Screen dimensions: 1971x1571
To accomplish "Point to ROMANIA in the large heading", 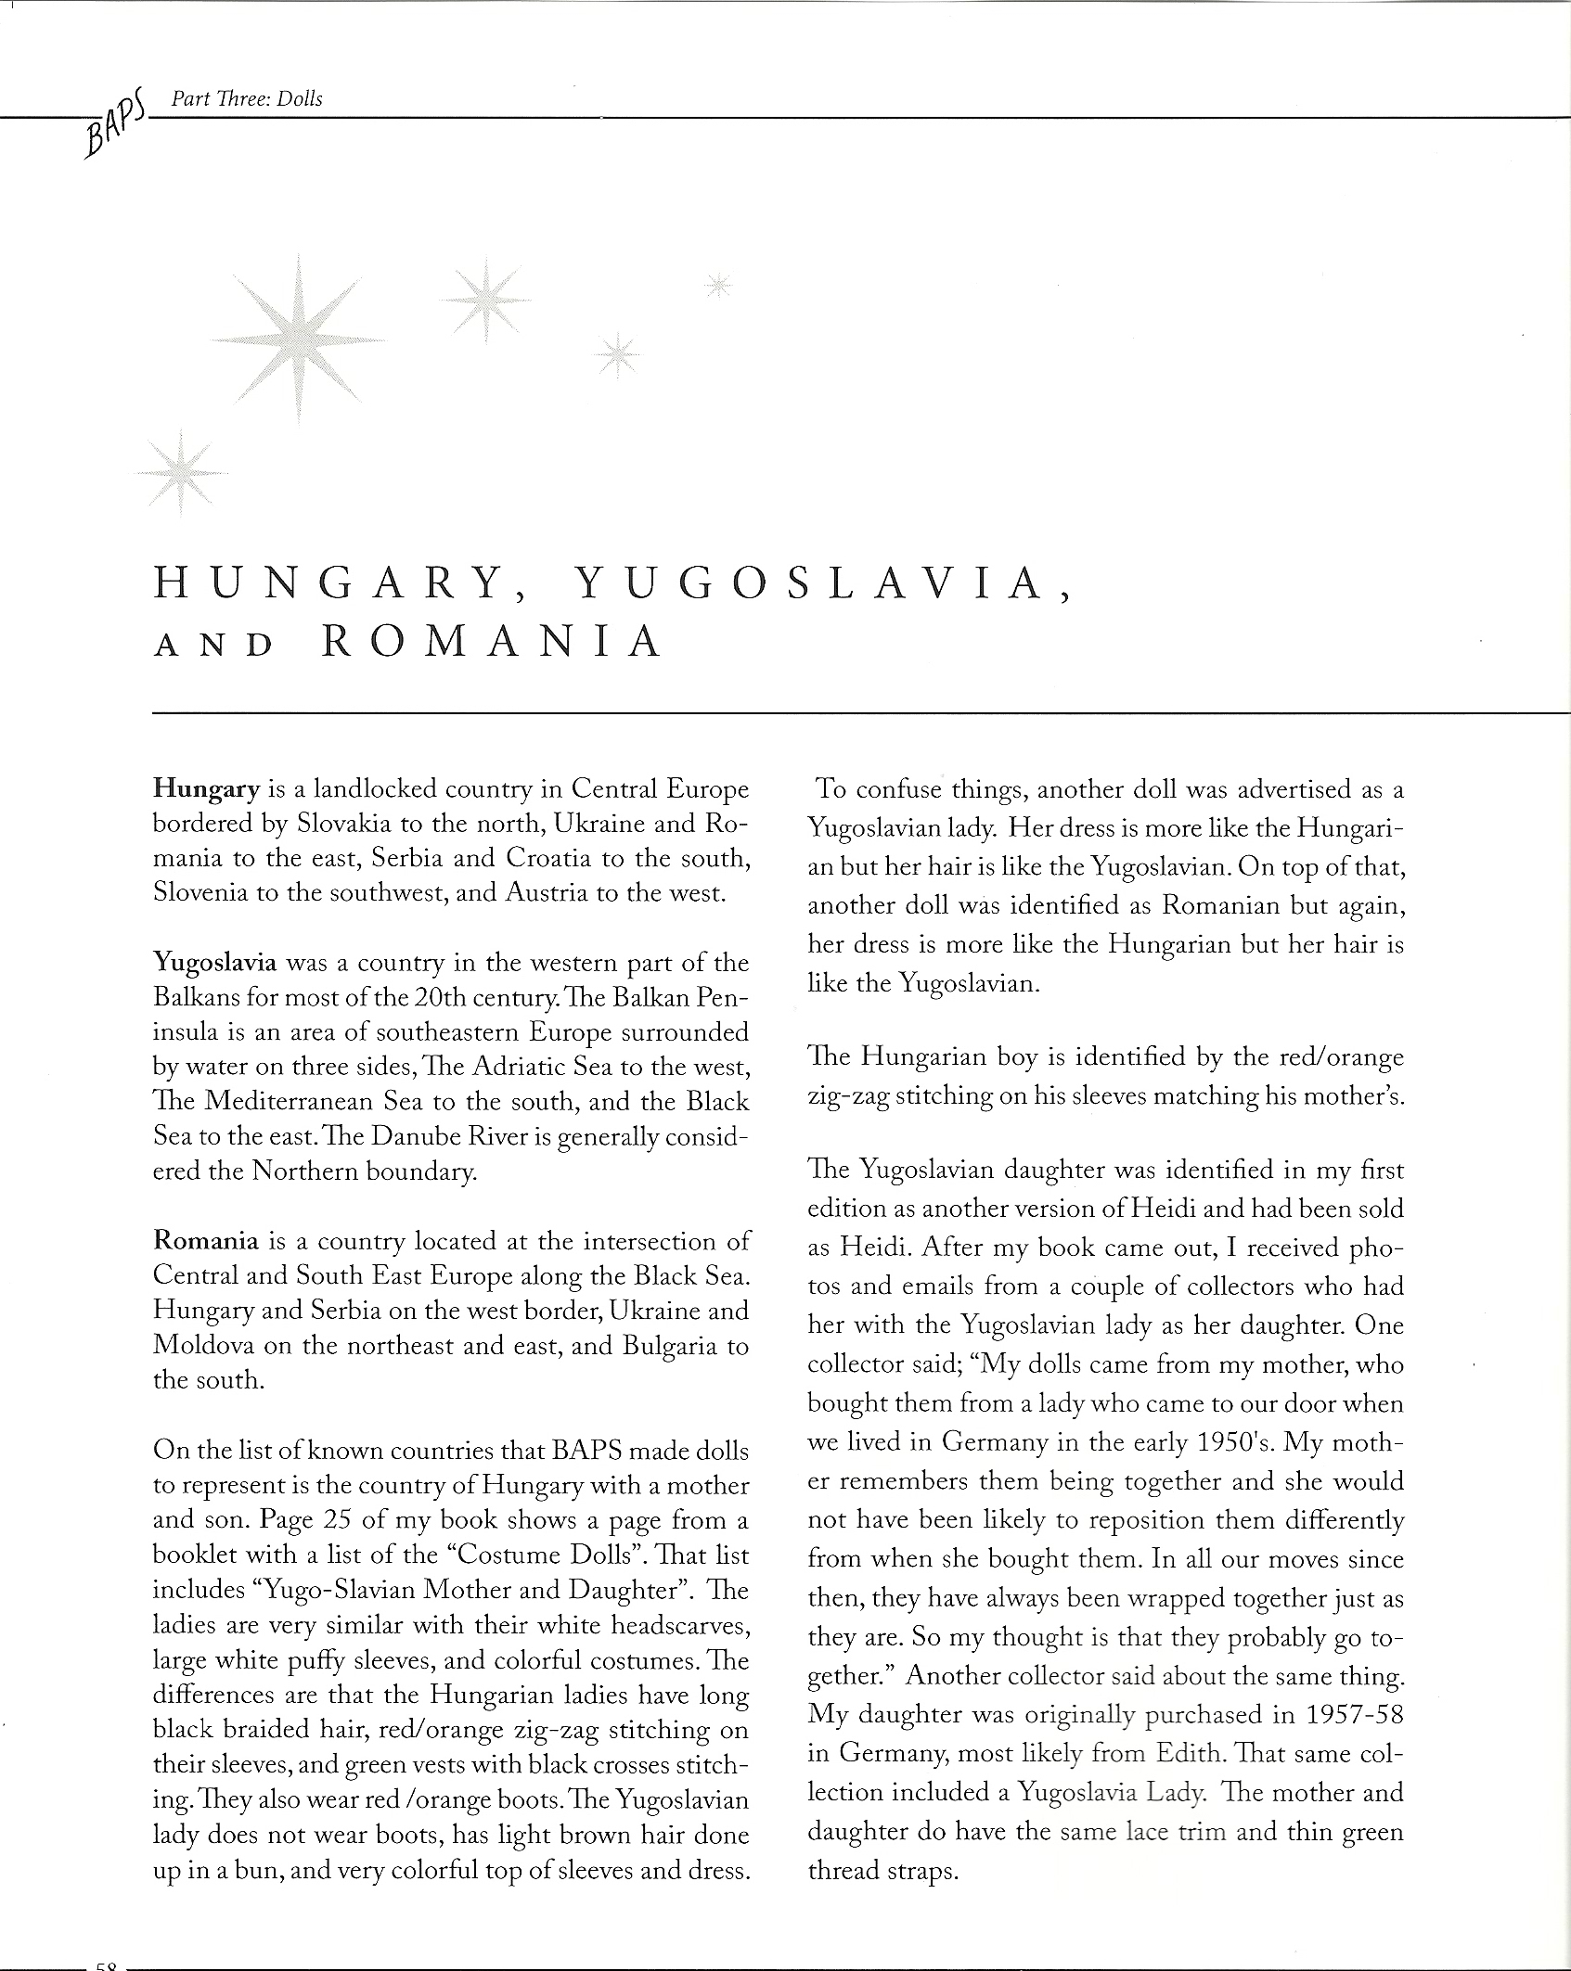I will pos(493,643).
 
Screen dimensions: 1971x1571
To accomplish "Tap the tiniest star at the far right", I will pos(718,287).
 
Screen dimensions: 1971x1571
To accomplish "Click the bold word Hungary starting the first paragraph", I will pos(206,789).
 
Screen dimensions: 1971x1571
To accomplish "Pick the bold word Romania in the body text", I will pos(206,1240).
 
